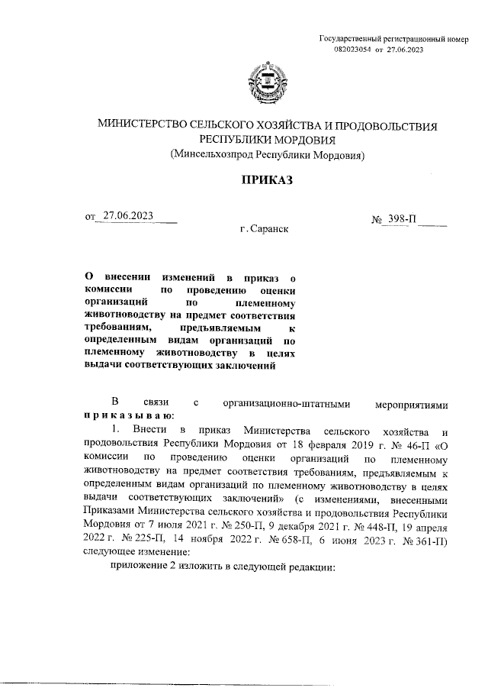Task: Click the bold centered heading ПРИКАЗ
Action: (x=266, y=180)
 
